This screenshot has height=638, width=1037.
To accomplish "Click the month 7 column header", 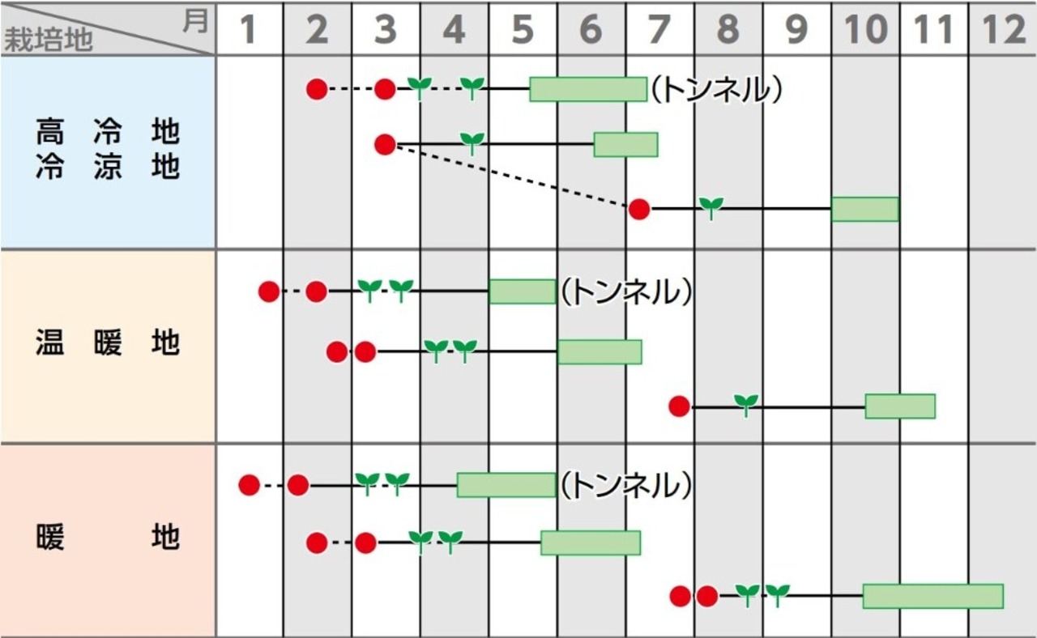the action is point(659,30).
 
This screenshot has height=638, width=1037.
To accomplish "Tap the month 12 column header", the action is point(1003,30).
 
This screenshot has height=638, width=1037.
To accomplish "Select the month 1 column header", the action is point(249,30).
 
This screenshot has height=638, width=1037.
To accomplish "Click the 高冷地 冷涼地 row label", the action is point(108,150).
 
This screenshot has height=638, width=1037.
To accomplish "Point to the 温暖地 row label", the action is point(108,344).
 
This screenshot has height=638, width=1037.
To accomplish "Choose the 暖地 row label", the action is point(108,538).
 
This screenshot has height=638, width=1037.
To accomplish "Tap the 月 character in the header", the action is point(194,21).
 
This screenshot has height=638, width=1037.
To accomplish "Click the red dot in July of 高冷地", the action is point(639,209).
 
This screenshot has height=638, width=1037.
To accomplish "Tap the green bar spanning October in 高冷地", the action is point(864,209).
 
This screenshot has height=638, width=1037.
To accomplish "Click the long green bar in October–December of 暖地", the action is point(932,596).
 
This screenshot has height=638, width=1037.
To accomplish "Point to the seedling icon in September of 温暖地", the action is point(746,404).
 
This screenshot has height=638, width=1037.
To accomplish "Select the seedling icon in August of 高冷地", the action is point(711,207).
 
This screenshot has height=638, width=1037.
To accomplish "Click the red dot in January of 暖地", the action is point(249,485).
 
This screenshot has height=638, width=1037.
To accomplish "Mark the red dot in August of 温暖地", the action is point(679,406).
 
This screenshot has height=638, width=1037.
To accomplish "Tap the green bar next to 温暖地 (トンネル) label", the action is point(522,291).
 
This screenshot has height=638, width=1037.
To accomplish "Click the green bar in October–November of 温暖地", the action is point(899,406).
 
